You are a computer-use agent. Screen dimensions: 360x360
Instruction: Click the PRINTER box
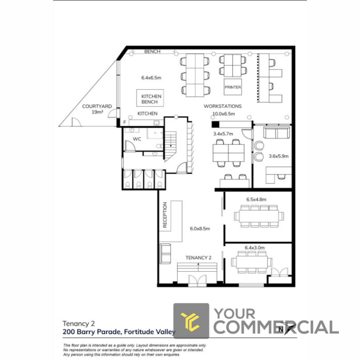pyautogui.click(x=232, y=87)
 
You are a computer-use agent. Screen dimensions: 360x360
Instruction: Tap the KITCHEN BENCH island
pyautogui.click(x=150, y=98)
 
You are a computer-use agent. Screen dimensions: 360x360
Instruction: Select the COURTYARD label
pyautogui.click(x=97, y=106)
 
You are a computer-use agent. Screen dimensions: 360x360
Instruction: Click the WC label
pyautogui.click(x=137, y=139)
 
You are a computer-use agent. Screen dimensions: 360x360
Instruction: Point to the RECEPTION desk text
pyautogui.click(x=165, y=215)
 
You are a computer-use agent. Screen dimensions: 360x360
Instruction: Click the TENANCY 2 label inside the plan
pyautogui.click(x=198, y=258)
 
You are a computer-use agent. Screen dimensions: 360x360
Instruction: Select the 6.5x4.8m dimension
pyautogui.click(x=256, y=199)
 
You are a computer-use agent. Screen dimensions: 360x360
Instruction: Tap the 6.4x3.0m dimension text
pyautogui.click(x=255, y=248)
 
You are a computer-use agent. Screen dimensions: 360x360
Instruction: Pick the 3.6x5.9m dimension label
pyautogui.click(x=278, y=156)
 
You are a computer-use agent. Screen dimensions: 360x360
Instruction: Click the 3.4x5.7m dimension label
pyautogui.click(x=223, y=134)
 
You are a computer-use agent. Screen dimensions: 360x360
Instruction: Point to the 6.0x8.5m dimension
pyautogui.click(x=200, y=229)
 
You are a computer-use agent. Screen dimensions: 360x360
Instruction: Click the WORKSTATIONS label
pyautogui.click(x=223, y=106)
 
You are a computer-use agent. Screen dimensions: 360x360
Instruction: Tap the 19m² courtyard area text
pyautogui.click(x=97, y=112)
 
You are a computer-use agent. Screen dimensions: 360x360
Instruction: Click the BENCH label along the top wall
pyautogui.click(x=152, y=51)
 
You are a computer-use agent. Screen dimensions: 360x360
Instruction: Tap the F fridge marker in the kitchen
pyautogui.click(x=125, y=122)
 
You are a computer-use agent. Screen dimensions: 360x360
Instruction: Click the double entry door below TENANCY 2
pyautogui.click(x=197, y=281)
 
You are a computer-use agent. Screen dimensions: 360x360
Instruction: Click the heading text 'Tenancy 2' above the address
pyautogui.click(x=79, y=323)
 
